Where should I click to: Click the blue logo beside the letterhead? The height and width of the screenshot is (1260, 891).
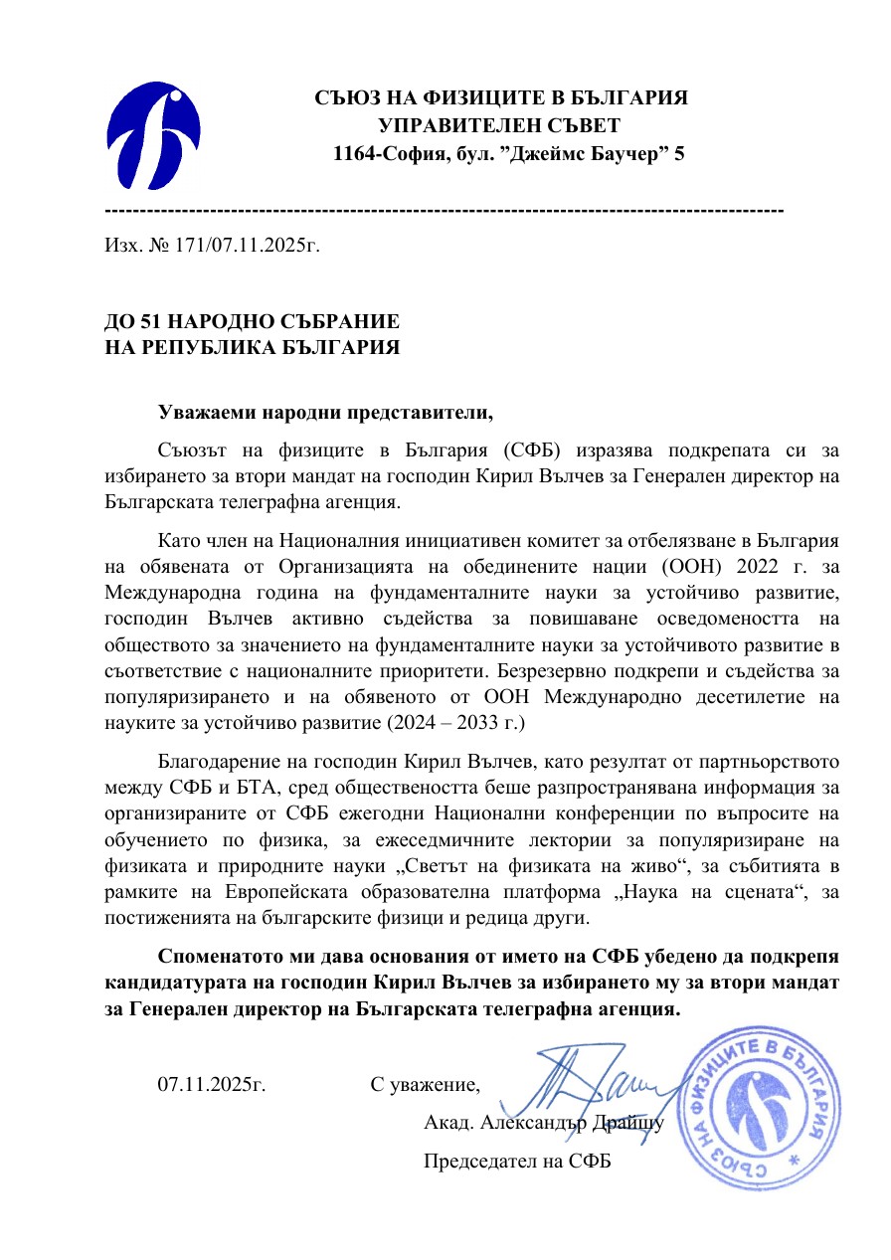[x=154, y=137]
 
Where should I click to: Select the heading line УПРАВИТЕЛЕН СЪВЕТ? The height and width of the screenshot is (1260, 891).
[x=499, y=126]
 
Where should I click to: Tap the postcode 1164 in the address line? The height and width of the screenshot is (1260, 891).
[x=353, y=154]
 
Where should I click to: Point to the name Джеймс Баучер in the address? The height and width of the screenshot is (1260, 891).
[x=584, y=154]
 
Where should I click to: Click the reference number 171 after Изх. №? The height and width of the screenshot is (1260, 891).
[x=189, y=244]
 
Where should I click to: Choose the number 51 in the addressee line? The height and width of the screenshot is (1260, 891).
[x=152, y=322]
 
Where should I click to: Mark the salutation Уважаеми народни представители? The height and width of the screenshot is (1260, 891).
[x=325, y=411]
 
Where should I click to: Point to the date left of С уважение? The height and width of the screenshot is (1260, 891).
[x=212, y=1083]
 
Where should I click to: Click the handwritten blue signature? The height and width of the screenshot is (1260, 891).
[x=587, y=1084]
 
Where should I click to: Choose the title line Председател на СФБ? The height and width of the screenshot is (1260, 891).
[x=517, y=1161]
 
